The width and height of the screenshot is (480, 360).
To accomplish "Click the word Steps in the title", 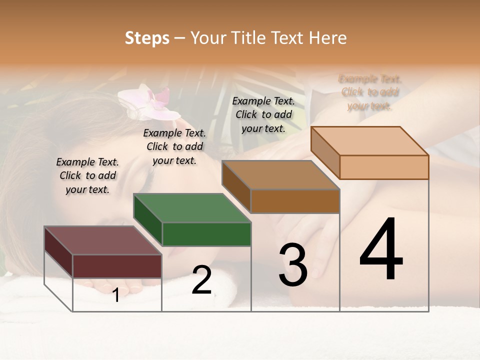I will tap(147, 38).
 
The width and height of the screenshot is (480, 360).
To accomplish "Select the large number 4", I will tap(381, 250).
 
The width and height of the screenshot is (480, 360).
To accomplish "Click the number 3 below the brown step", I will tap(293, 265).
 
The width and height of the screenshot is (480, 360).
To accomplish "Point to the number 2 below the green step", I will tap(201, 280).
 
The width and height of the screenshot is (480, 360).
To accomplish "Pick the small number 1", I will tap(116, 295).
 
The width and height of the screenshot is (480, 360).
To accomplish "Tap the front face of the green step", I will tap(206, 234).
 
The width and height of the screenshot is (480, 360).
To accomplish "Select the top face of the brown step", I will tap(280, 175).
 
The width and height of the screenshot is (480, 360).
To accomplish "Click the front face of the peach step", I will tap(384, 167).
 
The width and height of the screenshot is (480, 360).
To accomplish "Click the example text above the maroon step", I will tap(87, 175).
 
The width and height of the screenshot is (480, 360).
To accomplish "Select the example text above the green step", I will tap(174, 146).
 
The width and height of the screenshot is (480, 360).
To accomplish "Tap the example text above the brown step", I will tap(263, 114).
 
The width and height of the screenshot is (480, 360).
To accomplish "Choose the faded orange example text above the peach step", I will tap(370, 92).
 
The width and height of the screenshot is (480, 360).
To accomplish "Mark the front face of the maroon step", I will tap(117, 266).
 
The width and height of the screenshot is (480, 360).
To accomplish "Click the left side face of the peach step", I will tap(325, 152).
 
